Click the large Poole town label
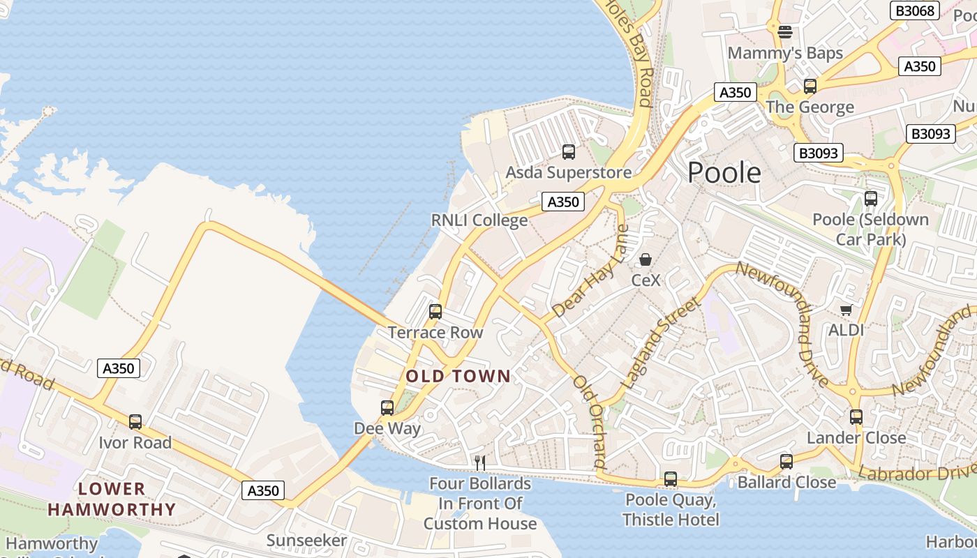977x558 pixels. pos(724,172)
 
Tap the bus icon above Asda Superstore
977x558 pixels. pos(569,151)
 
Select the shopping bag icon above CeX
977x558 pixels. pos(646,259)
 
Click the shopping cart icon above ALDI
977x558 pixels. pos(847,310)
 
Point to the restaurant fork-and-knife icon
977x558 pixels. pos(479,462)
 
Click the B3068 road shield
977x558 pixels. pos(915,10)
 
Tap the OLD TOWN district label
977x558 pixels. pos(458,377)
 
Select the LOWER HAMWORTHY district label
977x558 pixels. pos(112,499)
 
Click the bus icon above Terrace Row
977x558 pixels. pos(435,312)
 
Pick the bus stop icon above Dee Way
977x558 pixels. pos(387,407)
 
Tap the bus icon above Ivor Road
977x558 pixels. pos(135,422)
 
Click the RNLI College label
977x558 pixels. pos(479,220)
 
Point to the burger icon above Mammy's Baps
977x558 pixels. pos(785,31)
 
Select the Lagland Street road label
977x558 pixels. pos(660,343)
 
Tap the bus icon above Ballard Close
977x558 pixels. pos(786,461)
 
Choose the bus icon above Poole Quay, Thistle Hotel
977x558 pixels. pos(671,479)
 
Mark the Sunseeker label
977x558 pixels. pos(306,541)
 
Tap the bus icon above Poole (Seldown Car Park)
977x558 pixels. pos(871,198)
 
